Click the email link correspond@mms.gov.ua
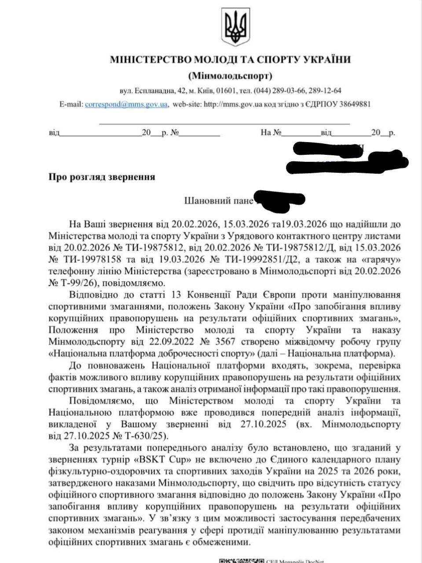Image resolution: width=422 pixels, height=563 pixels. click(x=126, y=105)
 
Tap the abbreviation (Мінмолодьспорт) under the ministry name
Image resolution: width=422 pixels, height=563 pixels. click(x=230, y=76)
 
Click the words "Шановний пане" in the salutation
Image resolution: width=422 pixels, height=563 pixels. click(x=219, y=201)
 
